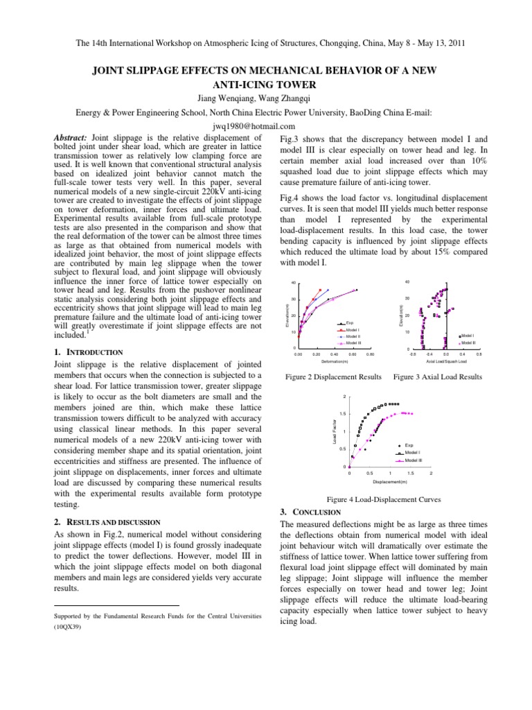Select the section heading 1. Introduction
click(88, 352)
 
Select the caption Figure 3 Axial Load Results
click(437, 377)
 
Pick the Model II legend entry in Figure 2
click(352, 336)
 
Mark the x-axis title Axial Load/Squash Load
click(446, 361)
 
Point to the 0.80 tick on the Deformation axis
click(370, 354)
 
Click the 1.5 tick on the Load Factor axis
click(344, 413)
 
